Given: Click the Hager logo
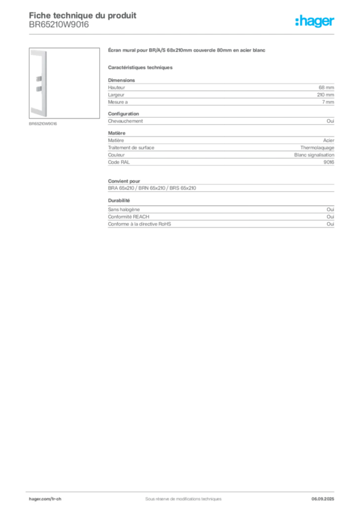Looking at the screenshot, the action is coord(314,21).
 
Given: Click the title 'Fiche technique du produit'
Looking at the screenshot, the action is coord(83,15).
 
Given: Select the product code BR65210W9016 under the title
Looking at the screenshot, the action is coord(59,25).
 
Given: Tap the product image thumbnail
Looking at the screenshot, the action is coord(64,83).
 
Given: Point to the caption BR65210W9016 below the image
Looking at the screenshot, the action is coord(43,124).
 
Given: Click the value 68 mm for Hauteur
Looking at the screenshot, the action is coord(326,87).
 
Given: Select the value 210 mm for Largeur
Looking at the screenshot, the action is coord(326,95).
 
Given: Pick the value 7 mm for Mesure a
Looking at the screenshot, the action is coord(328,102).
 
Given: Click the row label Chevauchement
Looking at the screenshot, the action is coord(125,121).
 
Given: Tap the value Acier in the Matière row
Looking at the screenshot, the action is coord(329,141).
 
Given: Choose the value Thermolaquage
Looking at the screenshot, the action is coord(317,148).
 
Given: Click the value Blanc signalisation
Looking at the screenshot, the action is coord(314,155).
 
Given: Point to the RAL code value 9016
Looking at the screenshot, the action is coord(329,163).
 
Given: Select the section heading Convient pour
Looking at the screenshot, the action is coord(124,181).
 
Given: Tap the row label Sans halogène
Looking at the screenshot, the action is coord(124,210).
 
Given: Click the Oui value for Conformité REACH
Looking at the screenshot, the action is coord(331,217).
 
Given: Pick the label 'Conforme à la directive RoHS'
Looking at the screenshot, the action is coord(139,224).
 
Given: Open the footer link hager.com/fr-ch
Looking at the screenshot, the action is coord(45,499).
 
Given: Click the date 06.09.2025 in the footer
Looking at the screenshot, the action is coord(323,499).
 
